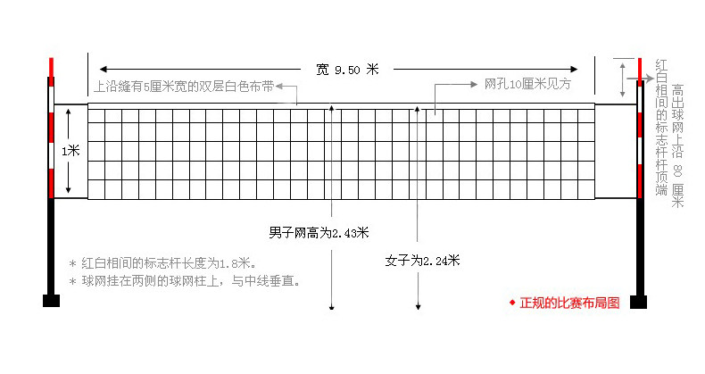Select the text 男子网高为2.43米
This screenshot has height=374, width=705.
pos(319,232)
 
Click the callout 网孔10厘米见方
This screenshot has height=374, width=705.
pos(527,85)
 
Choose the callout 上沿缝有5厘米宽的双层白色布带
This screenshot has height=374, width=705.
pos(183,87)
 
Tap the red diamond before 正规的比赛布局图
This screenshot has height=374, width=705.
pos(512,303)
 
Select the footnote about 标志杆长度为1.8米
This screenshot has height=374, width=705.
pos(163,263)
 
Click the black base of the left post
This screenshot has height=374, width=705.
pos(51,300)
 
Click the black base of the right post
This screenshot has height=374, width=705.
pos(638,301)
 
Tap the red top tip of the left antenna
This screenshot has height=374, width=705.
pos(51,66)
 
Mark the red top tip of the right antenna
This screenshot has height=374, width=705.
pos(639,68)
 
